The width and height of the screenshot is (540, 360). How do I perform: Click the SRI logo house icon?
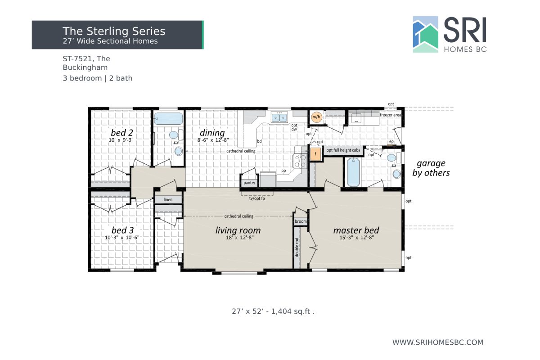click(425, 35)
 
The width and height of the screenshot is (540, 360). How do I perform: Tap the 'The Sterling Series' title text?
click(114, 31)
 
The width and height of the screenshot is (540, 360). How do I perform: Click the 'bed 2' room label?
click(122, 133)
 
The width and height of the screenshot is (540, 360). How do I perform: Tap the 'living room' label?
click(238, 230)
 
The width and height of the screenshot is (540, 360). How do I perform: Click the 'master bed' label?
click(356, 230)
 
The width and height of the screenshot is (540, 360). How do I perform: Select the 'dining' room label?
click(212, 133)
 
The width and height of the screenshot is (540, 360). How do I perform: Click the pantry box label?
click(249, 183)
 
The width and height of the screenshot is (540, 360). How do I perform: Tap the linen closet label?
click(168, 199)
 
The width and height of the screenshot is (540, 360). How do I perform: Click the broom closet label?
click(301, 221)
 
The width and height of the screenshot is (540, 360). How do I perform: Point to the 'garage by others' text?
click(431, 167)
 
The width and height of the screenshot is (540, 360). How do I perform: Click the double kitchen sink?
click(279, 118)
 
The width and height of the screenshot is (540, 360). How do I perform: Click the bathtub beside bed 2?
click(168, 119)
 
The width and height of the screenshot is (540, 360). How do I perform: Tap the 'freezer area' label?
click(390, 115)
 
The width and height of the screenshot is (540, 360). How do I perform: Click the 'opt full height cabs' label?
click(343, 150)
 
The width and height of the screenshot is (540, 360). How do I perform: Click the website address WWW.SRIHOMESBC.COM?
click(437, 342)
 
